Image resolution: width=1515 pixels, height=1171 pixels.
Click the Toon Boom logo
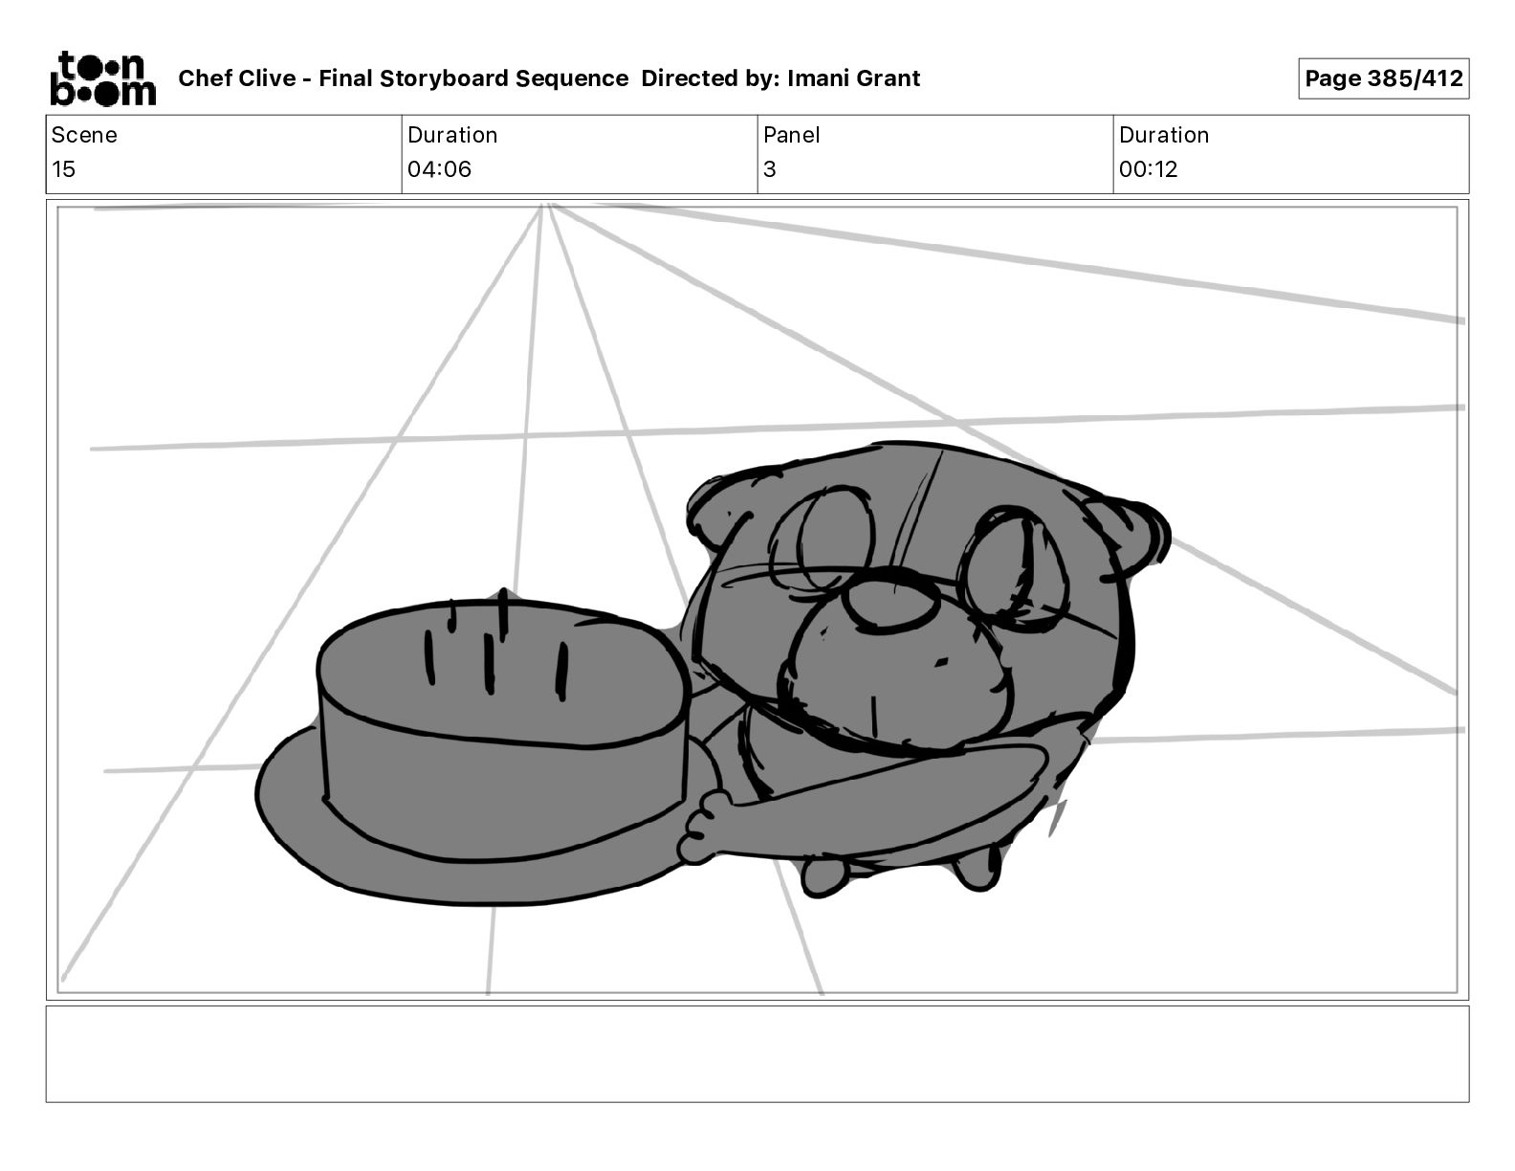click(x=102, y=77)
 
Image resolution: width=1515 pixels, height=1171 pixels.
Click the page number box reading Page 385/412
click(x=1383, y=78)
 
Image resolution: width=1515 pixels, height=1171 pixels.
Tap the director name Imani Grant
click(x=853, y=78)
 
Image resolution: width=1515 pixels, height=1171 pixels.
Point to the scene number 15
click(x=63, y=169)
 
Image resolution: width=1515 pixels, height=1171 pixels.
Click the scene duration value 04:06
click(x=439, y=169)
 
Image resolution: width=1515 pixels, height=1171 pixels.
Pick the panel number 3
click(x=769, y=169)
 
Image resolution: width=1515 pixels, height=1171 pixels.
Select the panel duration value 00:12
click(x=1148, y=169)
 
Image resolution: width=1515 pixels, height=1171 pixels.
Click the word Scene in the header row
click(x=84, y=135)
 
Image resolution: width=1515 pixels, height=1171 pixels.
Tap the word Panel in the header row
click(x=791, y=135)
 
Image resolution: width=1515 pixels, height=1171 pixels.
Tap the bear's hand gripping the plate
click(x=703, y=828)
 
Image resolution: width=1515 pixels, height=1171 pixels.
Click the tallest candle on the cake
click(x=502, y=612)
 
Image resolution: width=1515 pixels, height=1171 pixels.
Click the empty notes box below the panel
click(x=757, y=1053)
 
